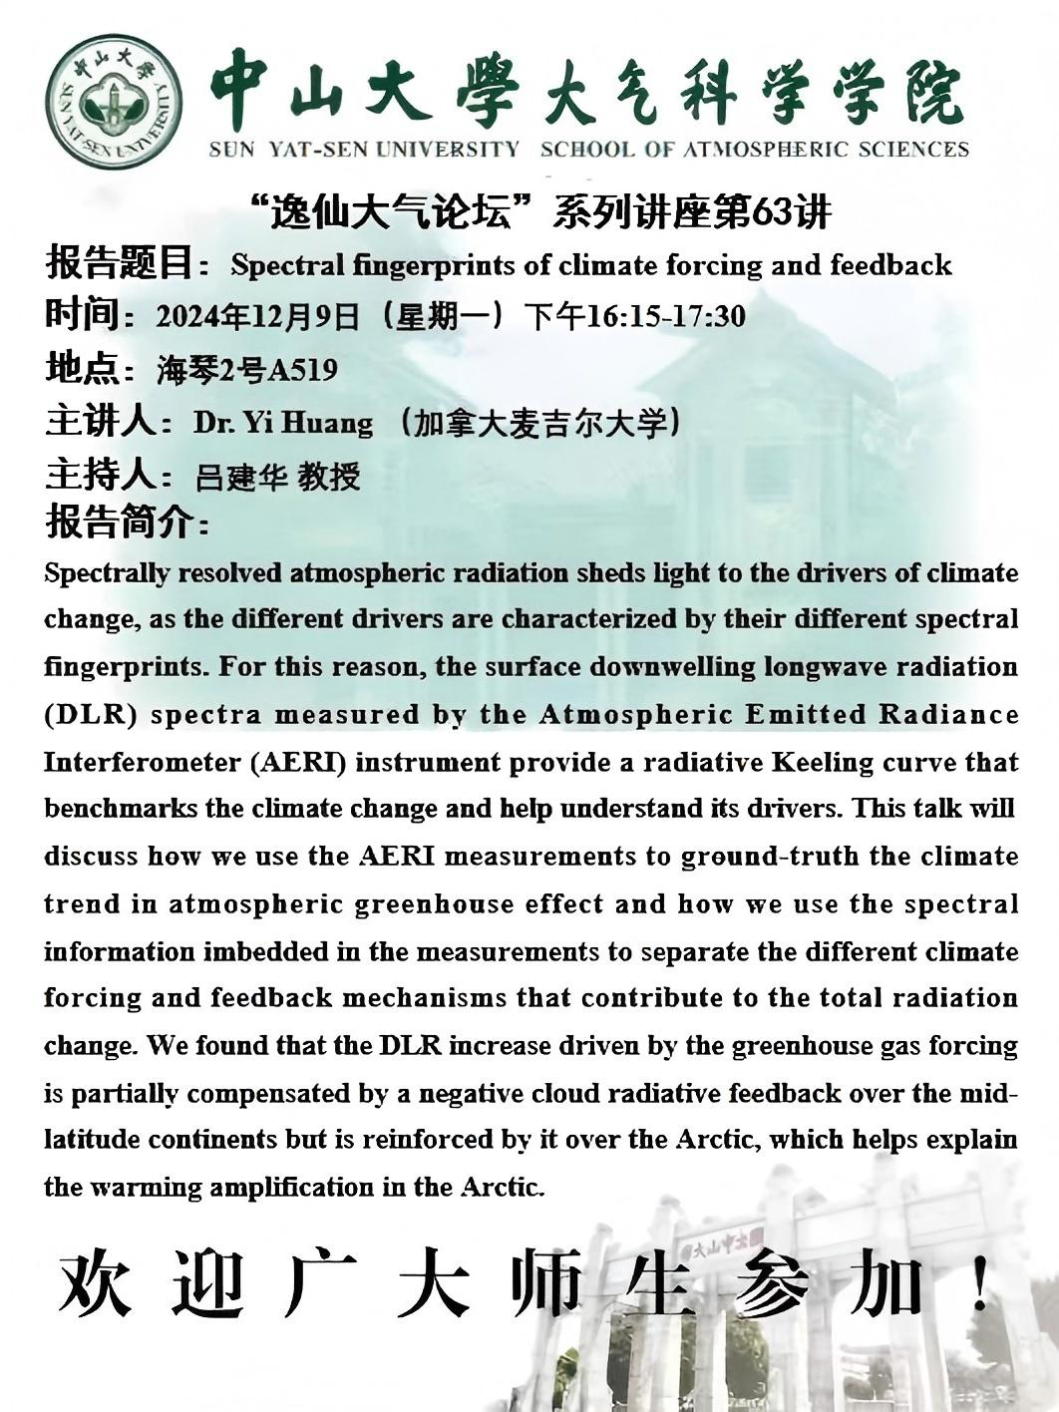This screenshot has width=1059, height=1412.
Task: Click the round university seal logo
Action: click(114, 102)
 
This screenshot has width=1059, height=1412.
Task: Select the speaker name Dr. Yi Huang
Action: click(283, 423)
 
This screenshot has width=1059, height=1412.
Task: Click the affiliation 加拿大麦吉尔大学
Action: click(538, 424)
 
